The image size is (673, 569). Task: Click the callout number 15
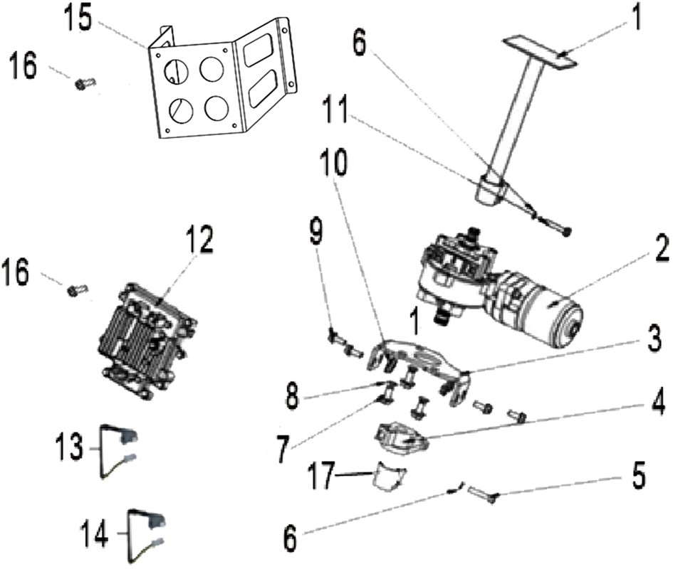point(78,18)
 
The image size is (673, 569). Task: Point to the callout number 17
point(321,476)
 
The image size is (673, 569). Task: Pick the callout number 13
point(68,447)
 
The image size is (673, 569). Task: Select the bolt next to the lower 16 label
point(78,290)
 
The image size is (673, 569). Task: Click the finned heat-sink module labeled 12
point(146,341)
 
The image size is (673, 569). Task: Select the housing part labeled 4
point(402,437)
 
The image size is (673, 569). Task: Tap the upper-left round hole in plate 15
point(176,70)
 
